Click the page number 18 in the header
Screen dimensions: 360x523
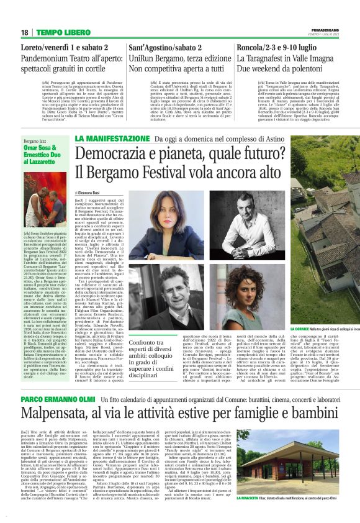pyautogui.click(x=24, y=32)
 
